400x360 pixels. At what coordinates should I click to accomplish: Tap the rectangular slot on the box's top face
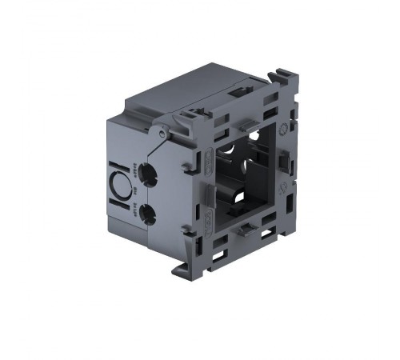point(238,94)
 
